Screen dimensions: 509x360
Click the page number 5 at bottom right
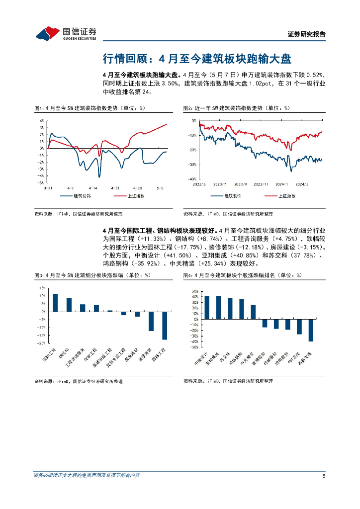(x=324, y=476)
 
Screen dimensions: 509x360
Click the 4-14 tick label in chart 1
(x=92, y=188)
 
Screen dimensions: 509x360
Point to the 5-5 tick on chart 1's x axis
(x=160, y=188)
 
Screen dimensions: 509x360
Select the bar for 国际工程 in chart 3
(x=55, y=303)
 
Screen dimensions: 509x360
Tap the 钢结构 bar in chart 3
(x=69, y=305)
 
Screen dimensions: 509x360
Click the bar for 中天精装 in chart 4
(x=253, y=312)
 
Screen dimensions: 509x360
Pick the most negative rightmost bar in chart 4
(x=311, y=330)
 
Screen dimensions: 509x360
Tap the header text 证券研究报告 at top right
(x=307, y=34)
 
